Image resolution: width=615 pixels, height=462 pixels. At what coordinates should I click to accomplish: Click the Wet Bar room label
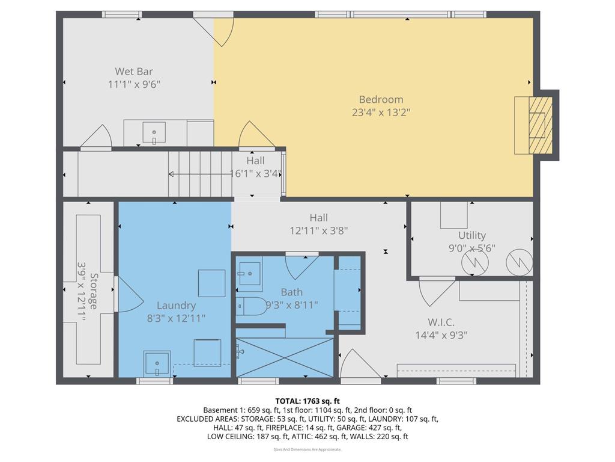(x=134, y=72)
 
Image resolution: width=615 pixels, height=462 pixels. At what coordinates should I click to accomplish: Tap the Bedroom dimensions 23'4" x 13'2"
(x=381, y=112)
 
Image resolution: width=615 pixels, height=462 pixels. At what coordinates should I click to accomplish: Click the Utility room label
(x=471, y=235)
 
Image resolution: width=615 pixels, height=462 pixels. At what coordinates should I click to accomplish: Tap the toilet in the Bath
(x=247, y=306)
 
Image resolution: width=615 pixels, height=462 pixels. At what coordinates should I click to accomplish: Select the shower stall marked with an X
(x=284, y=358)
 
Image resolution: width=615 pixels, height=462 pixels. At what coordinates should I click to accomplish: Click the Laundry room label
(x=176, y=306)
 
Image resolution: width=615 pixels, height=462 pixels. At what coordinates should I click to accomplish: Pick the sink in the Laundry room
(x=158, y=364)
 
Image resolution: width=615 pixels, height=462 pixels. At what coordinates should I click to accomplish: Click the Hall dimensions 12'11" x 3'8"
(x=318, y=230)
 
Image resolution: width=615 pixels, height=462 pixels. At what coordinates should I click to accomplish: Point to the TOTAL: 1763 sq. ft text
(x=307, y=401)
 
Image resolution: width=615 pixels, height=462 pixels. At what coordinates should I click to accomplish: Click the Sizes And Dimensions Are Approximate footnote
(x=307, y=449)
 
